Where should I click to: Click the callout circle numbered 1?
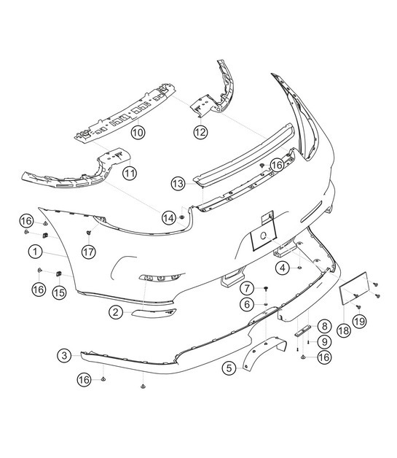(x=34, y=252)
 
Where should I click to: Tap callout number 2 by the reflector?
(x=116, y=312)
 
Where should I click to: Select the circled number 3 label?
(x=65, y=355)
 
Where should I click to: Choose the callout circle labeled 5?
(x=230, y=368)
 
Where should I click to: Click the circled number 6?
(x=248, y=304)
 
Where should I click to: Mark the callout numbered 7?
(x=248, y=288)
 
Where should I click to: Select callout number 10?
(x=137, y=132)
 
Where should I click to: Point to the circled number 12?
(x=200, y=132)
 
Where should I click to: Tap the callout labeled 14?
(x=169, y=217)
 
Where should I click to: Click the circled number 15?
(x=59, y=292)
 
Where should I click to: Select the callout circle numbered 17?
(x=88, y=252)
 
